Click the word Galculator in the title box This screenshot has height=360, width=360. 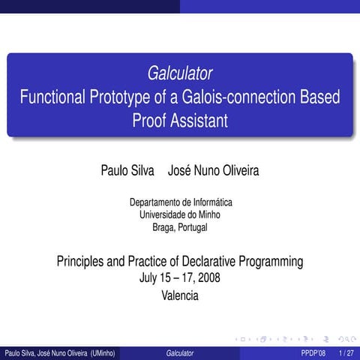(x=180, y=73)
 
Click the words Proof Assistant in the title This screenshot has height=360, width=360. (x=180, y=120)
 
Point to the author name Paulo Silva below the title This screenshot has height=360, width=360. (x=127, y=171)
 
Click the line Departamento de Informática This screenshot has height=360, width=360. (x=180, y=202)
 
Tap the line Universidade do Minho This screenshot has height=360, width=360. (x=180, y=214)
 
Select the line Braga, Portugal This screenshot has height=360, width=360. (x=180, y=226)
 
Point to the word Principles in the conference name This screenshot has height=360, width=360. (x=83, y=262)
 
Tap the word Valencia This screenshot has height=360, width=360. (x=180, y=295)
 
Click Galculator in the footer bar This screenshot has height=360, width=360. (x=180, y=352)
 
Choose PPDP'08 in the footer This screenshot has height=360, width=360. (x=313, y=352)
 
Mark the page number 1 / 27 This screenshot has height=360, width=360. (x=346, y=352)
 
